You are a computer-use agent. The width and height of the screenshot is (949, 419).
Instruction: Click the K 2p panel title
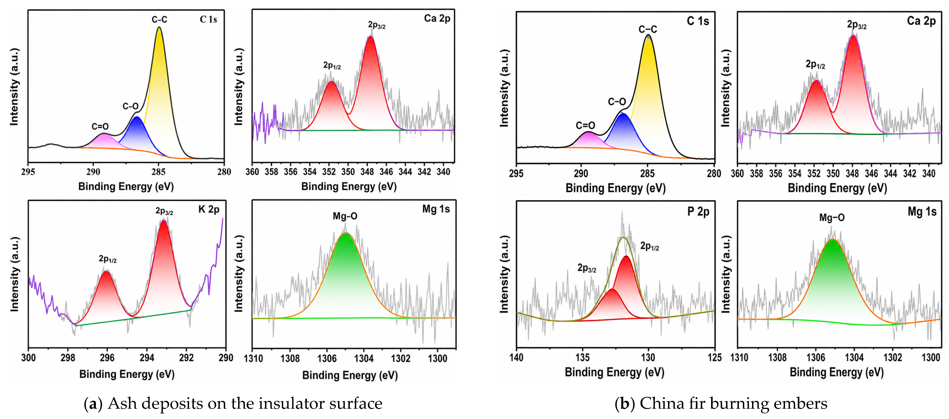point(209,209)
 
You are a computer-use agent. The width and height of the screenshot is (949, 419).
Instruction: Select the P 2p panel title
point(698,212)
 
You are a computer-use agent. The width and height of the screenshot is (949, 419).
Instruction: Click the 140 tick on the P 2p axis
point(516,357)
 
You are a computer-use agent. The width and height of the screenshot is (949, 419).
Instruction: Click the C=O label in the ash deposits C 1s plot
point(100,126)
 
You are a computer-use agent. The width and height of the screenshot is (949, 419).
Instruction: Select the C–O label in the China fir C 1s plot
point(617,101)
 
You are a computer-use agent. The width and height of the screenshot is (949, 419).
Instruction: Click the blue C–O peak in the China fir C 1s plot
point(623,133)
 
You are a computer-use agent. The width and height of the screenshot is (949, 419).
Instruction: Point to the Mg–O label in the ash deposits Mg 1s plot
point(345,216)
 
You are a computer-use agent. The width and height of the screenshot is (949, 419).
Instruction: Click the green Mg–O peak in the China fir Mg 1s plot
point(833,280)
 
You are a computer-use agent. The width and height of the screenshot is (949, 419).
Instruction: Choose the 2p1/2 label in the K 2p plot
point(108,259)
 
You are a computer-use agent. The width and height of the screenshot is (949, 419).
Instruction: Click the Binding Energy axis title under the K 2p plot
point(127,374)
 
